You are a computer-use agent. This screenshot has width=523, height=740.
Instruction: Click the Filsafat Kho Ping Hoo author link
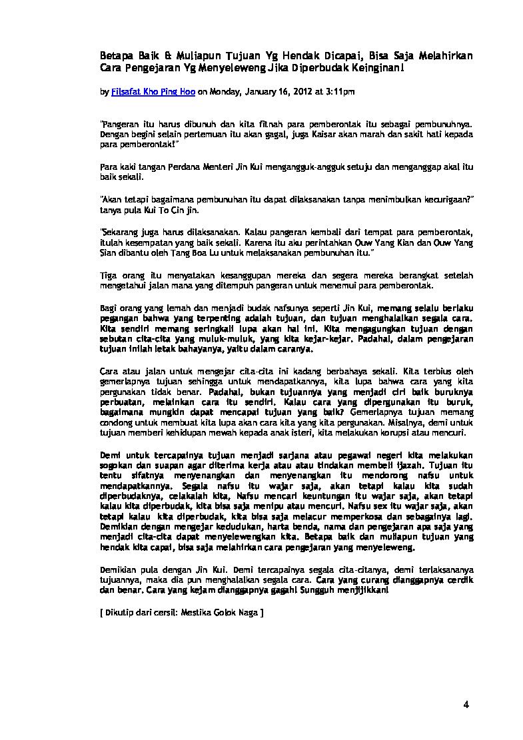(152, 93)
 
